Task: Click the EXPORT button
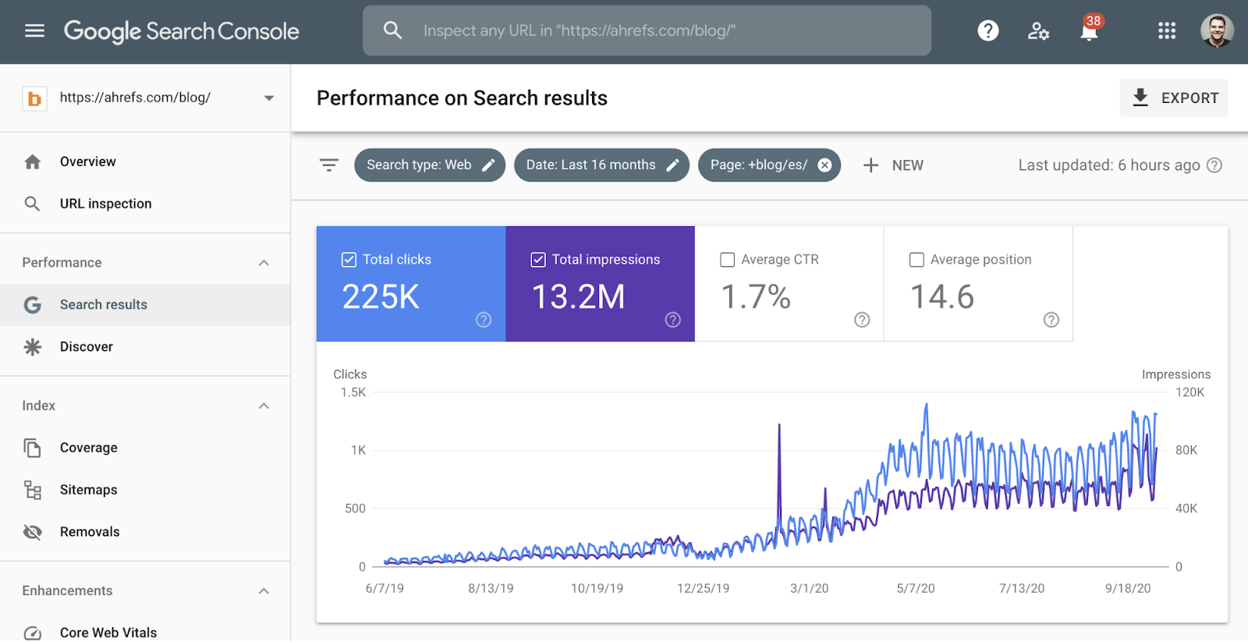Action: (1174, 98)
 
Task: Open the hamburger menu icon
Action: (34, 31)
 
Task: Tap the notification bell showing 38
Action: (1089, 31)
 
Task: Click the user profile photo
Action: (1216, 31)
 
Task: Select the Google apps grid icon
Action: (1166, 31)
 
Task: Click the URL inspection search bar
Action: (647, 31)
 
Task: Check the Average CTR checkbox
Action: (728, 260)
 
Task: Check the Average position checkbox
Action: (917, 260)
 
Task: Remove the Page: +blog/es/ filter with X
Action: (824, 165)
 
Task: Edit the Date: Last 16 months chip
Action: (601, 165)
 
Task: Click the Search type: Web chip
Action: (429, 165)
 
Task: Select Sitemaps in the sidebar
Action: (88, 490)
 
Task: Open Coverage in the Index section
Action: (88, 448)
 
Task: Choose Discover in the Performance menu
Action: (86, 346)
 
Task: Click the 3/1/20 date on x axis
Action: (809, 588)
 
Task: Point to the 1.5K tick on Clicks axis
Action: (353, 392)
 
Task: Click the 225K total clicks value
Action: (381, 297)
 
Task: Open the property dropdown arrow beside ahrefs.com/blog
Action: (269, 98)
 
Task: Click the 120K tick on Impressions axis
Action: (1189, 392)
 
